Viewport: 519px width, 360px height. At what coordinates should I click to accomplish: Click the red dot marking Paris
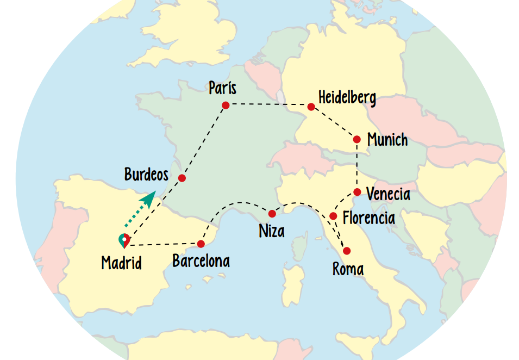coord(226,105)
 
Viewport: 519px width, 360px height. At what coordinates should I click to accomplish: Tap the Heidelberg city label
coord(347,98)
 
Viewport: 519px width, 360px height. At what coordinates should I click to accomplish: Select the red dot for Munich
coord(357,140)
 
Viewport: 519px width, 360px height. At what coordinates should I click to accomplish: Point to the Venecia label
coord(388,194)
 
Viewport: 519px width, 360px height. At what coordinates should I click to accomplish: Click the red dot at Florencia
coord(333,216)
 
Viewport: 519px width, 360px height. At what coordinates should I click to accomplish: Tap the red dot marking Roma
coord(347,251)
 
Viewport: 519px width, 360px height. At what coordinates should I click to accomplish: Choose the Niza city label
coord(272,231)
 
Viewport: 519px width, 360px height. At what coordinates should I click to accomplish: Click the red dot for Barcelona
coord(201,244)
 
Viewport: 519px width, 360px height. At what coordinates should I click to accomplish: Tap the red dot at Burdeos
coord(182,178)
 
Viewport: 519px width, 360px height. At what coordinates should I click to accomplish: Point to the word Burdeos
coord(146,175)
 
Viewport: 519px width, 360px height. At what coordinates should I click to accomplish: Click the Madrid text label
coord(122,263)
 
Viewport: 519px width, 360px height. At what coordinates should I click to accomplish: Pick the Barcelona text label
coord(201,261)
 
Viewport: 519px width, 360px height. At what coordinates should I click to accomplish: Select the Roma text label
coord(348,269)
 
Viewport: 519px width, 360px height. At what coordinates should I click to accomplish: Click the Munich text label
coord(387,140)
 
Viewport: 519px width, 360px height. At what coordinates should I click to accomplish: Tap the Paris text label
coord(223,88)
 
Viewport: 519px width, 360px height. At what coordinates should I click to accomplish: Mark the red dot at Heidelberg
coord(311,107)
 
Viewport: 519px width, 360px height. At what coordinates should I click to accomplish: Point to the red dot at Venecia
coord(357,192)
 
